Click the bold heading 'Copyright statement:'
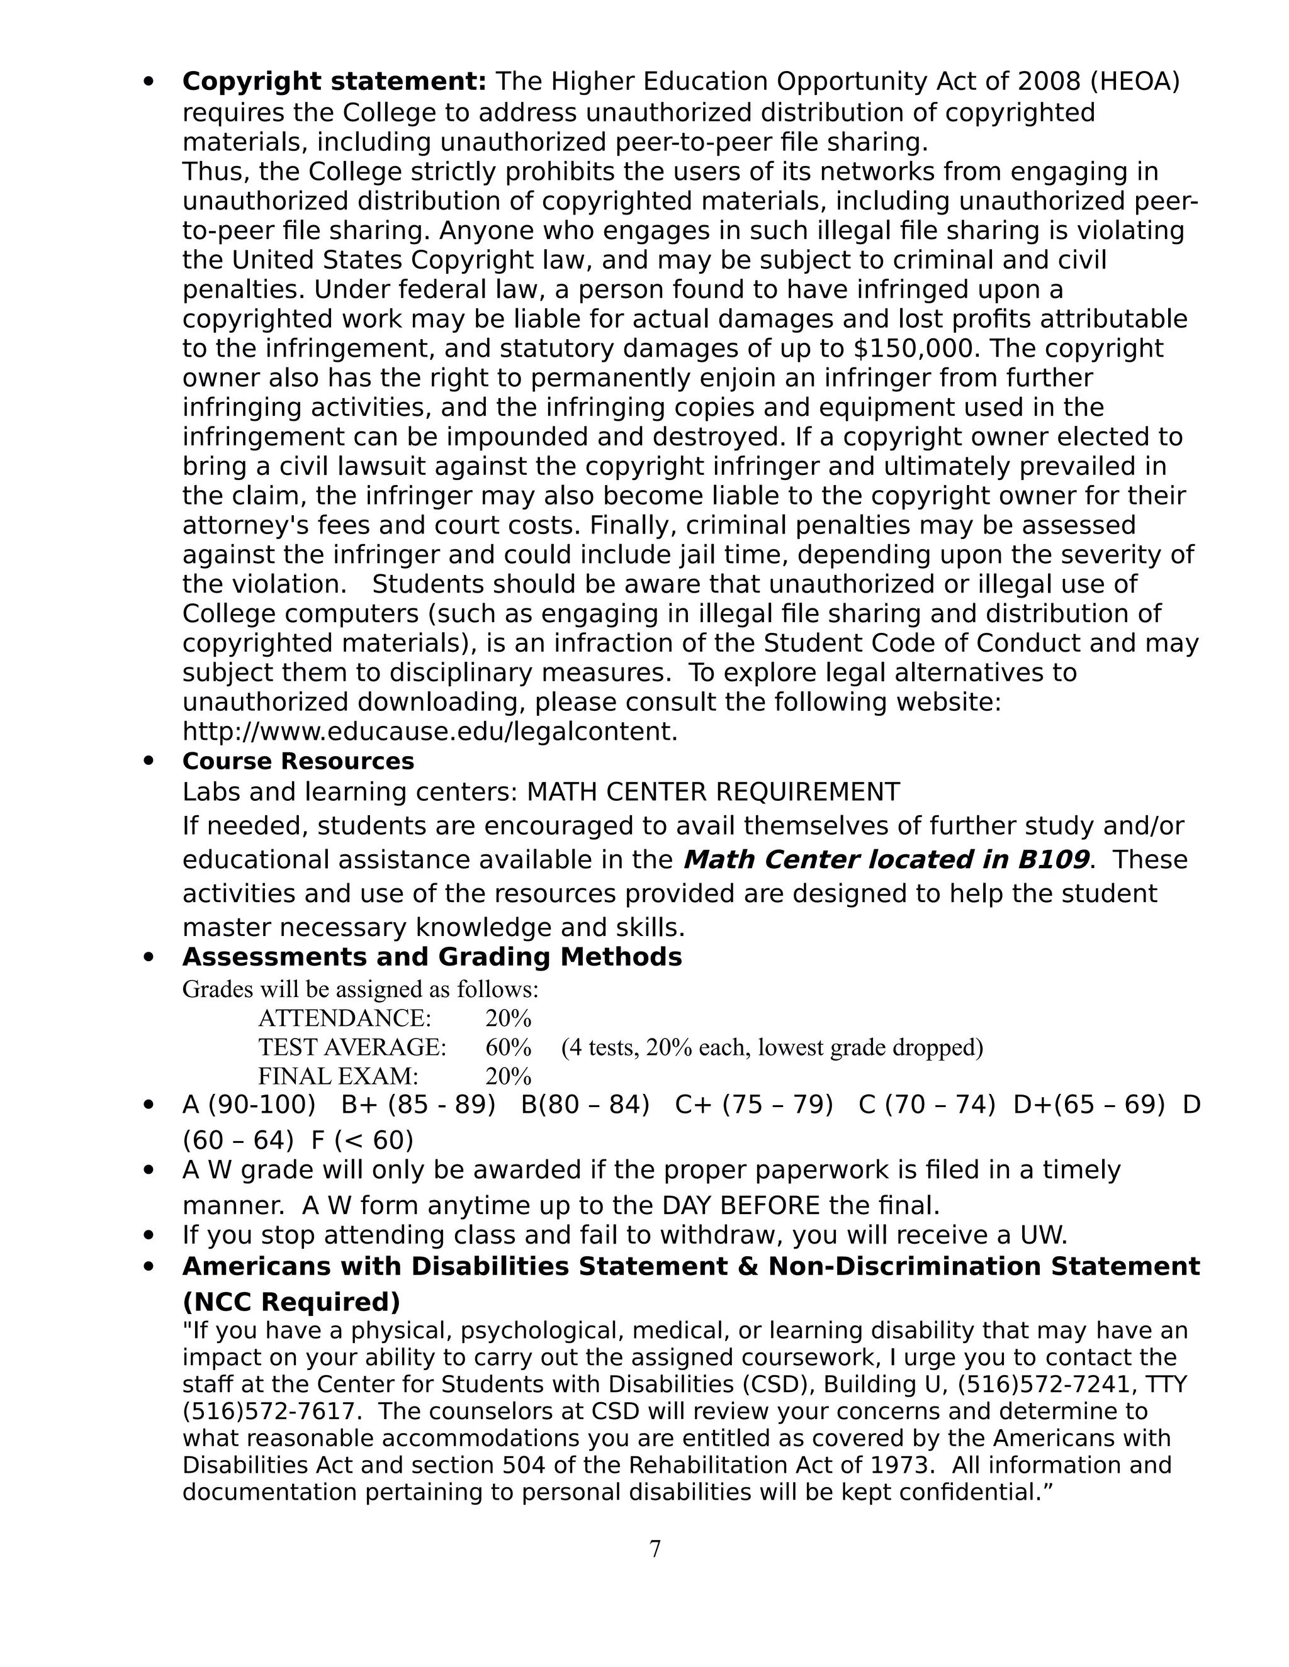[x=334, y=81]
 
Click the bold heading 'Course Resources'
[x=298, y=761]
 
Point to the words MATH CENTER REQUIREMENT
[x=713, y=791]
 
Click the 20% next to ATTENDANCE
[x=508, y=1018]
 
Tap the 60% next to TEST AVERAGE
[x=508, y=1047]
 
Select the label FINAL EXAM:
[x=338, y=1076]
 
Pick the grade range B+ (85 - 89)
[x=418, y=1105]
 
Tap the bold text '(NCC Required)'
[x=291, y=1302]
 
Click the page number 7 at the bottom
[x=655, y=1549]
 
